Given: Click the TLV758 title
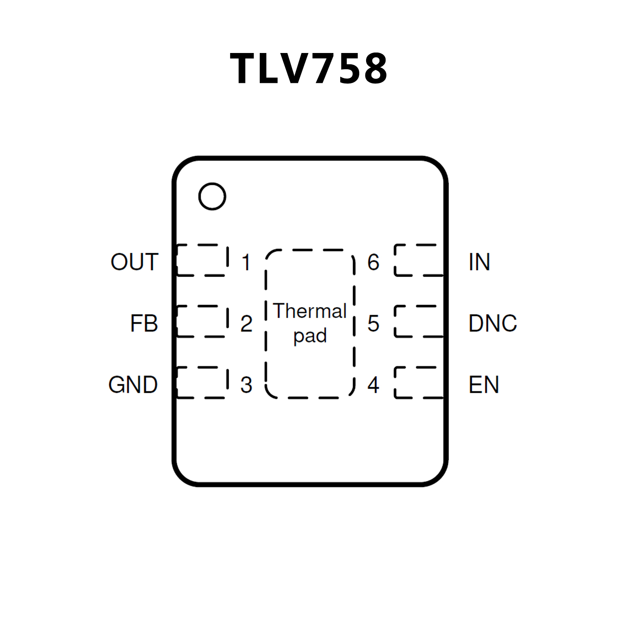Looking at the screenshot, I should click(309, 68).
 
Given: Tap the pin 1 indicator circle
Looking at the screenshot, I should click(212, 196).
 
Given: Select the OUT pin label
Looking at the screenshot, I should click(134, 262).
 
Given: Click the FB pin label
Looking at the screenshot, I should click(144, 323).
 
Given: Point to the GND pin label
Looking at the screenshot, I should click(133, 384).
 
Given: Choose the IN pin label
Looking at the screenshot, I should click(479, 262).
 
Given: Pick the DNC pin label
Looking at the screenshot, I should click(492, 323).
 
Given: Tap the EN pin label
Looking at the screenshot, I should click(483, 384).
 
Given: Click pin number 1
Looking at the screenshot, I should click(246, 262).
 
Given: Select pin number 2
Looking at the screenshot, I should click(246, 324).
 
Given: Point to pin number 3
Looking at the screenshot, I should click(246, 385).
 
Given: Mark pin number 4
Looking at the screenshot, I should click(373, 385).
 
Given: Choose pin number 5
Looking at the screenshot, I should click(373, 324).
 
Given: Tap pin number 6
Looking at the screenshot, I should click(373, 262).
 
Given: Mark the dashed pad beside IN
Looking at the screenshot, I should click(419, 260).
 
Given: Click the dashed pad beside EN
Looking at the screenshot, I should click(419, 383).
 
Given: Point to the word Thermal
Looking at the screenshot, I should click(310, 311).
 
